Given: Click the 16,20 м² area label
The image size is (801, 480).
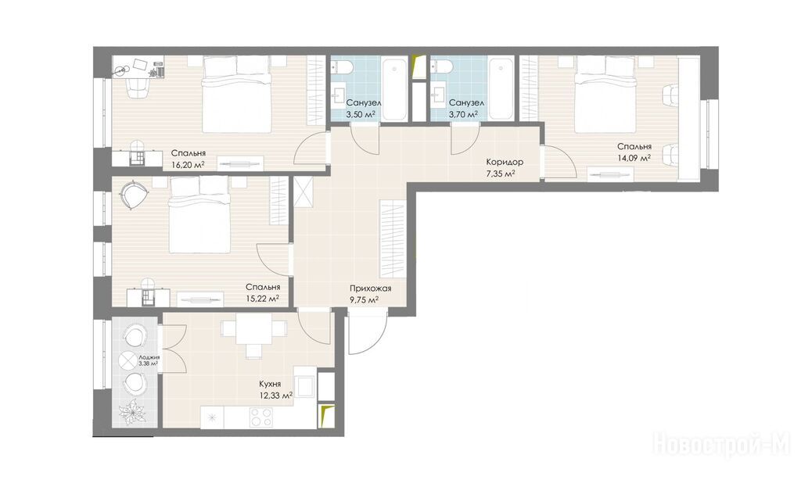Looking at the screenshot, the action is [x=185, y=164].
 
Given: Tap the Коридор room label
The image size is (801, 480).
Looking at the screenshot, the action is [x=505, y=162].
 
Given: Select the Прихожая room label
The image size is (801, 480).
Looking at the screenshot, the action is [x=370, y=288].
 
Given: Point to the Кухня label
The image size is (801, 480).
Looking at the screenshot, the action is [x=270, y=384].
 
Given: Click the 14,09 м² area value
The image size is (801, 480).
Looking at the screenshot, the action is [x=634, y=158].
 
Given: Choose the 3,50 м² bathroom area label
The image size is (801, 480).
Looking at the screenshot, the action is [x=361, y=114].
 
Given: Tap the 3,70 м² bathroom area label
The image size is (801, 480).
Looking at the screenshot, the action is [x=463, y=114].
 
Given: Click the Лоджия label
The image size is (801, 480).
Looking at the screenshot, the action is [x=149, y=357].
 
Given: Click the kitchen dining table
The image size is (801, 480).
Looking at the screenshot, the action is [x=253, y=329].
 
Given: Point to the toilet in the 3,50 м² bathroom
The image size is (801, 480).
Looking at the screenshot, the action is [x=339, y=67].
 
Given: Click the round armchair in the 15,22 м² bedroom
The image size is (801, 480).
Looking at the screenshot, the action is [x=135, y=194].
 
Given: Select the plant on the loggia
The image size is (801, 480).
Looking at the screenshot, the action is [x=132, y=411].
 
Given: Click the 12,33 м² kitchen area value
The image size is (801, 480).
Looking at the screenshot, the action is [x=275, y=395].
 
